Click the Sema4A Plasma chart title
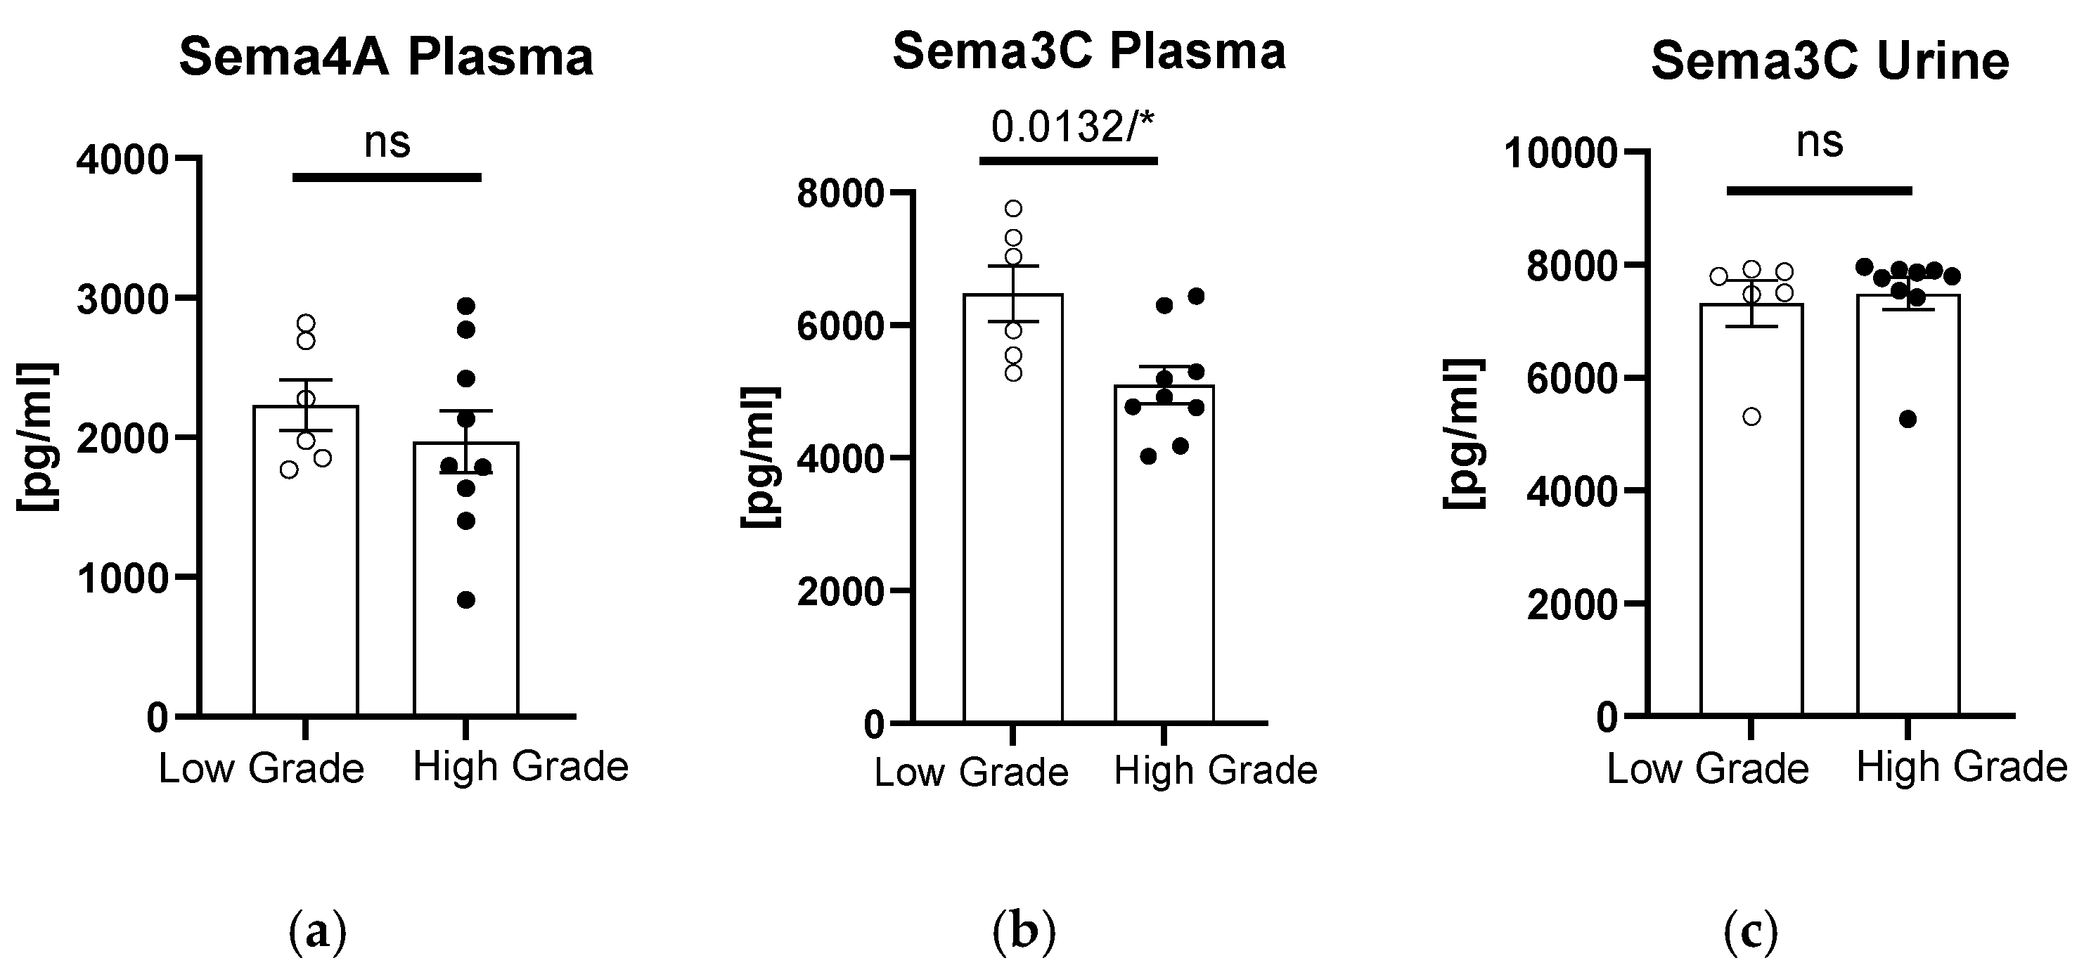(x=386, y=58)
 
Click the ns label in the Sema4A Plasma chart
(x=387, y=143)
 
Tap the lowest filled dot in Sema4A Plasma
(x=466, y=600)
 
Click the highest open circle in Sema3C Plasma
(x=1013, y=209)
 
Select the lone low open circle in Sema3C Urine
(x=1751, y=418)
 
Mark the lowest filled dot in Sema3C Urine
(x=1908, y=419)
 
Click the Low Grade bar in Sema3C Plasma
(x=1013, y=517)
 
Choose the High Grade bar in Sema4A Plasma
(x=466, y=582)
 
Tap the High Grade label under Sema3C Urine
(x=1961, y=767)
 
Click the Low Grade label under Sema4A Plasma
(x=260, y=768)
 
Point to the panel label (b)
(x=1024, y=933)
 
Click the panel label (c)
(x=1751, y=933)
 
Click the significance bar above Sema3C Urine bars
(x=1820, y=191)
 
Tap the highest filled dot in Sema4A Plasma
(x=466, y=306)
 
